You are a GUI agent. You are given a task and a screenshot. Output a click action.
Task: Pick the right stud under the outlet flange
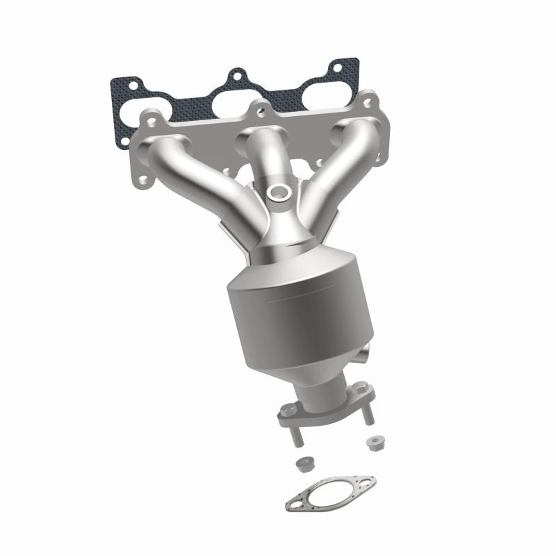pyautogui.click(x=368, y=415)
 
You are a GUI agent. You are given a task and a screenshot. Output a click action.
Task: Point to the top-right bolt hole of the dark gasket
pyautogui.click(x=336, y=68)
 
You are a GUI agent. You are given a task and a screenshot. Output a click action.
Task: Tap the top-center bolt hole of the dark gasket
pyautogui.click(x=236, y=74)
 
